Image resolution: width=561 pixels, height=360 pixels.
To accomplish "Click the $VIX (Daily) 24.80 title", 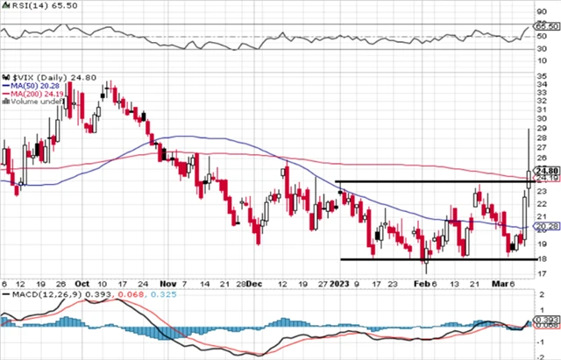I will [39, 76].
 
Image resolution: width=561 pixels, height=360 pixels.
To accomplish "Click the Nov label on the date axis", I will [167, 284].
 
